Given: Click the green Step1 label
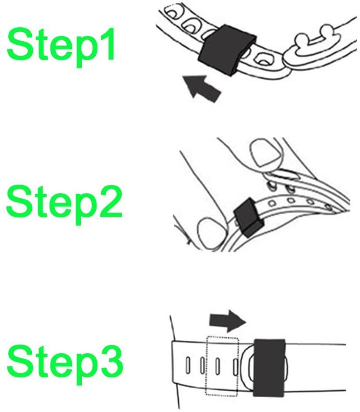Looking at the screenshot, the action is coord(61,47).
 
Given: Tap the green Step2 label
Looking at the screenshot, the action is coord(64,204).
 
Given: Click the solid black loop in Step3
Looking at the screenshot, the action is coord(269,368).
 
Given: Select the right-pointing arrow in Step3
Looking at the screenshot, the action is coord(227,321).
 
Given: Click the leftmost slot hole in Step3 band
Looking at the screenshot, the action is coord(188,365).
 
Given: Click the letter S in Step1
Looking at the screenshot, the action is coord(19,44).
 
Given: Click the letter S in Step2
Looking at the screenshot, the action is coord(18,201).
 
